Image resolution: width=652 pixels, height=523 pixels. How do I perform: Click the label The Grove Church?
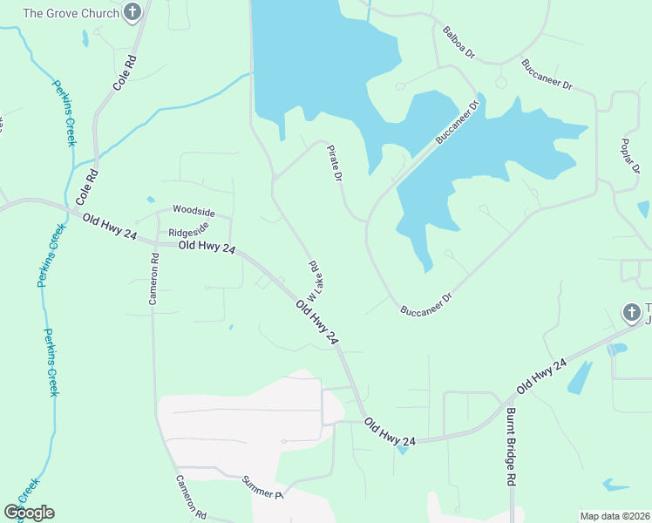(71, 13)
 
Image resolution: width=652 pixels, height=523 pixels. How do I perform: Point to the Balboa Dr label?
(458, 42)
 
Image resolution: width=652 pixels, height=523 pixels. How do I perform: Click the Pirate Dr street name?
(335, 163)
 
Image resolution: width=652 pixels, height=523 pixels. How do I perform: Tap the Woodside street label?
(193, 210)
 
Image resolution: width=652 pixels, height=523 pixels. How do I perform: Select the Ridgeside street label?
(188, 233)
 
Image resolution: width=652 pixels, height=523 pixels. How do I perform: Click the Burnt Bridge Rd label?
(512, 446)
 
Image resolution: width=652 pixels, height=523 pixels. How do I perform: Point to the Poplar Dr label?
(630, 156)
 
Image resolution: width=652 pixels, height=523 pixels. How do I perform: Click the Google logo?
(29, 513)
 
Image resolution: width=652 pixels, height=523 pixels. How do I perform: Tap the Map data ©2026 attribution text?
(615, 516)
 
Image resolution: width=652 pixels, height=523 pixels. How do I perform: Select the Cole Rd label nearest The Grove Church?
(126, 75)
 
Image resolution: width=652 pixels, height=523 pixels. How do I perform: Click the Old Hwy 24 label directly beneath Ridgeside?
(207, 248)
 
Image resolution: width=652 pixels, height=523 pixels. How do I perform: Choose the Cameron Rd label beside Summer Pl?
(190, 497)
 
